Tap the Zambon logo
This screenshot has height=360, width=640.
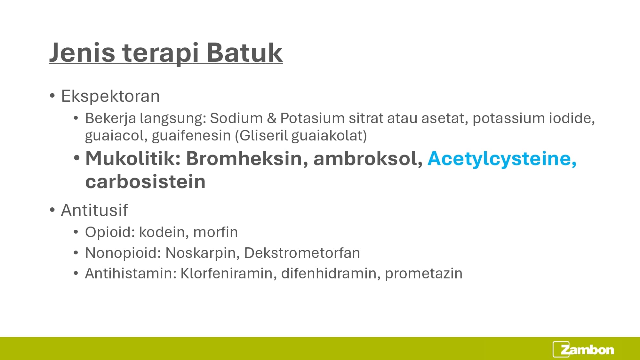coord(583,349)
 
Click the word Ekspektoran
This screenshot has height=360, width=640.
coord(110,96)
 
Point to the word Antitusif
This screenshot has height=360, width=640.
coord(94,210)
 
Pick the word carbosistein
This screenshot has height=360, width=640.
coord(145,181)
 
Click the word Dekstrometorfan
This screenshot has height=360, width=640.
coord(302,253)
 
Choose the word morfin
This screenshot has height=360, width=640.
coord(216,232)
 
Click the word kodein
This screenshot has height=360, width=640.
coord(164,232)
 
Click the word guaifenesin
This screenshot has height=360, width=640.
coord(191,136)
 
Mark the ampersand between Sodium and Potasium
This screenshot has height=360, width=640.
coord(271,118)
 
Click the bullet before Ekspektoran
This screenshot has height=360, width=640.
coord(52,96)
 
